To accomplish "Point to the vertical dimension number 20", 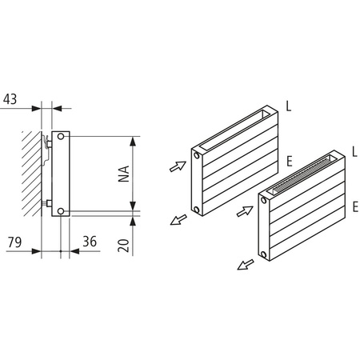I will [123, 242].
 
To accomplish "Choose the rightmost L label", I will [353, 150].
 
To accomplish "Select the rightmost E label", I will [353, 206].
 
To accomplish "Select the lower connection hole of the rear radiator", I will [197, 210].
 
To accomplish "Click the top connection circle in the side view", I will [62, 140].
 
